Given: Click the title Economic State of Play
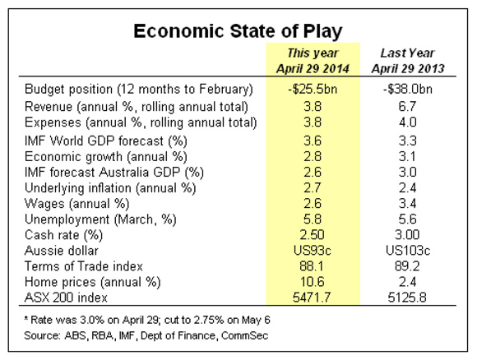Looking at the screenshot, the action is pos(238,31).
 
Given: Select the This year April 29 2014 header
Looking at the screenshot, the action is pos(313,61).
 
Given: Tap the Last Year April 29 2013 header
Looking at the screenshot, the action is pos(408,61).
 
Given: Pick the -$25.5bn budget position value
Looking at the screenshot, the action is pos(313,89).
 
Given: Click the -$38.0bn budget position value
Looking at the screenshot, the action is pos(408,89).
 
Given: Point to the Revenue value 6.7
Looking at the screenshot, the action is pos(407,106).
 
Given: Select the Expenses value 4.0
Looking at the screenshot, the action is pos(408,122).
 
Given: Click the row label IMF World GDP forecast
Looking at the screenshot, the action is pos(106,141).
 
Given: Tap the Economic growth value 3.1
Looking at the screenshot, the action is pos(407,157).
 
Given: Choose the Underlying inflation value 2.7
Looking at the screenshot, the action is pos(313,188).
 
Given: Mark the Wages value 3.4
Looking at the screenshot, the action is pos(408,203).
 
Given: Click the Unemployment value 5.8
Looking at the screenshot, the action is pos(313,219).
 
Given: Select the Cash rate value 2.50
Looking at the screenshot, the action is pos(313,235).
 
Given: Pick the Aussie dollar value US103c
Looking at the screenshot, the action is pos(408,251).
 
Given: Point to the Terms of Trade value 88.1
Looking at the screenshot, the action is pos(312,266).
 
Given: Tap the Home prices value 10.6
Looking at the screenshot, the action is pos(313,282).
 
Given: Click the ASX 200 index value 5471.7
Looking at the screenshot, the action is pos(312,298).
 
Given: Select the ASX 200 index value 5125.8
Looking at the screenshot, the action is pos(407,298).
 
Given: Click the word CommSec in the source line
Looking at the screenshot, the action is pos(245,335).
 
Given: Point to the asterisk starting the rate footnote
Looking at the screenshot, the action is pos(26,318).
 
